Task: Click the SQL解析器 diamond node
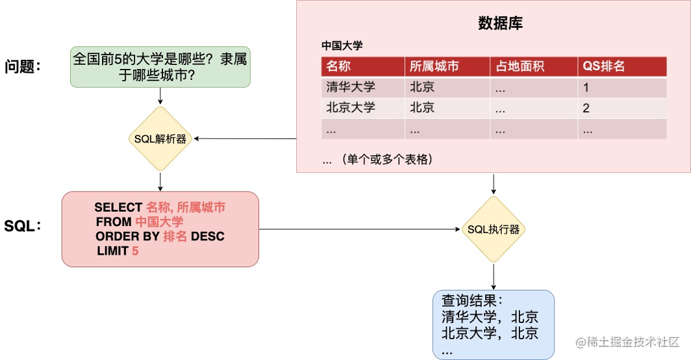pos(160,138)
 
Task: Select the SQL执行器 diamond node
pos(494,229)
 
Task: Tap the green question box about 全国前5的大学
pos(160,68)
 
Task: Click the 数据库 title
pos(500,23)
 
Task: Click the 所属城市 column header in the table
pos(434,66)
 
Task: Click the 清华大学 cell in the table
pos(351,87)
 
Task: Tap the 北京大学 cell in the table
pos(351,108)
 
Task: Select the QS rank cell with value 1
pos(586,87)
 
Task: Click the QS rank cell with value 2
pos(586,108)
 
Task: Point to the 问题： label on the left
pos(23,66)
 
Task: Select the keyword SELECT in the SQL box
pos(118,207)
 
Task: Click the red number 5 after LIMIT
pos(135,251)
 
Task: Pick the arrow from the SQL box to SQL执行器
pos(357,229)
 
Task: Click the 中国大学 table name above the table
pos(342,45)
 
